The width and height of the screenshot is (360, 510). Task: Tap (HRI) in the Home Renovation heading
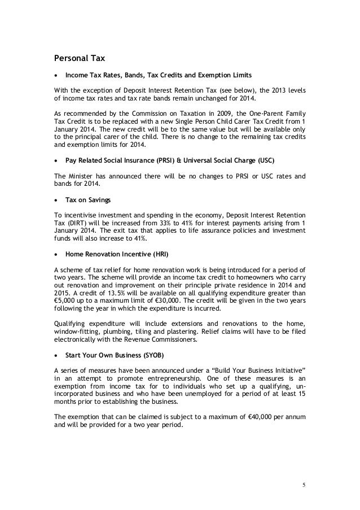pos(148,255)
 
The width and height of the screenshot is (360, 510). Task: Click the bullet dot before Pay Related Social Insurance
pos(56,160)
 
